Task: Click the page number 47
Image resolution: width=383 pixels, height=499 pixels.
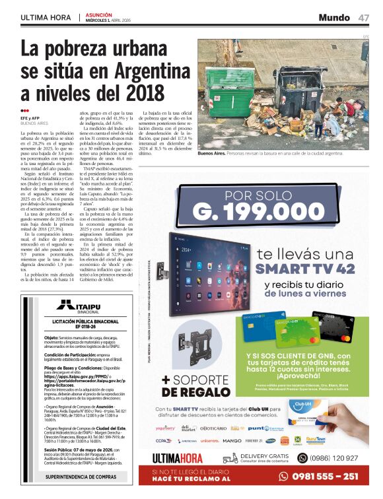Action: coord(364,17)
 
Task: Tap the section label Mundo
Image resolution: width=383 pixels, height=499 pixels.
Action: coord(334,17)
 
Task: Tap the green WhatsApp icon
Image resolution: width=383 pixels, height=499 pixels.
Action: coord(303,457)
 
